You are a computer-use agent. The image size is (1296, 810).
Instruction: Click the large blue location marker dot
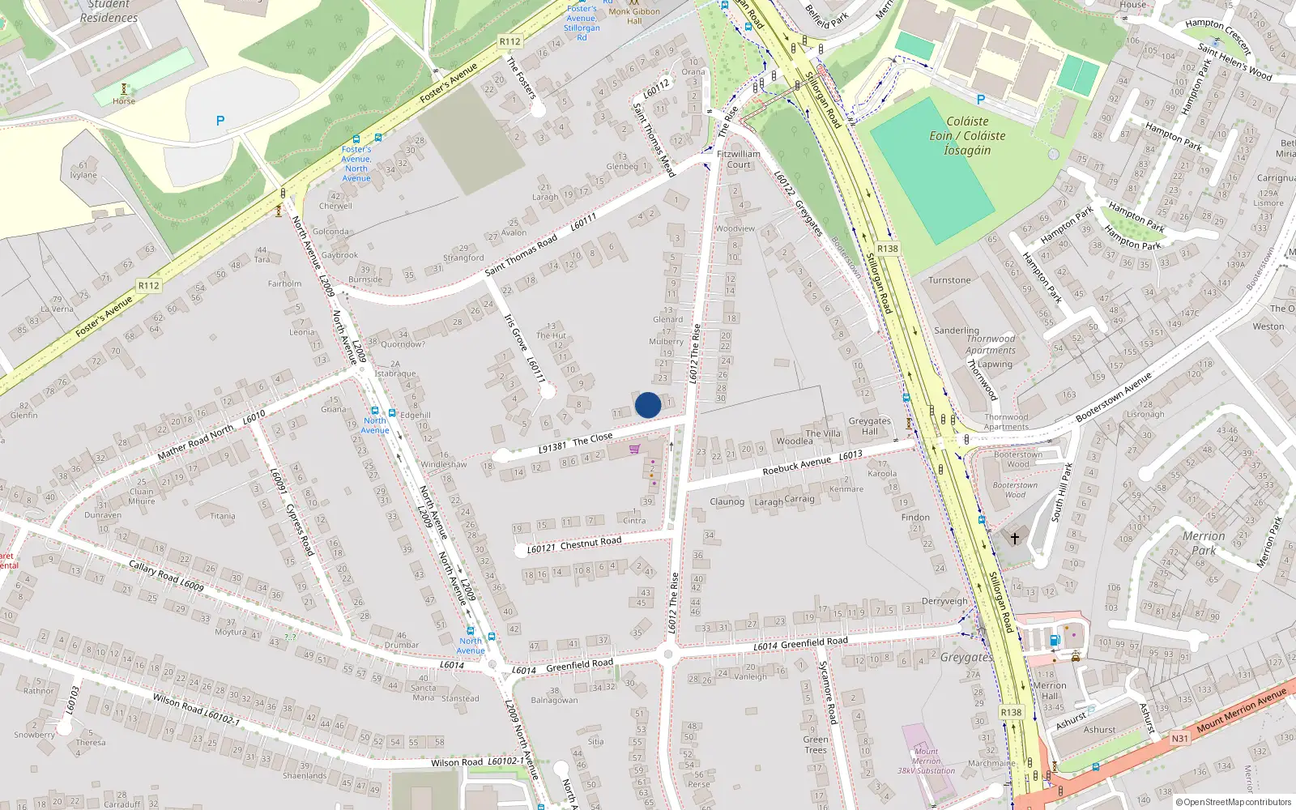[648, 405]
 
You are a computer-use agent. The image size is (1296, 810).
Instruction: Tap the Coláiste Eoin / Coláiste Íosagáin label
[967, 136]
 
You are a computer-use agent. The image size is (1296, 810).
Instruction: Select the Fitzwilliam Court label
[739, 159]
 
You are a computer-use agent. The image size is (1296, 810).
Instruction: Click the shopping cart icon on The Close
[634, 449]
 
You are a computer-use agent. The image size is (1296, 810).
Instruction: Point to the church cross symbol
[1014, 538]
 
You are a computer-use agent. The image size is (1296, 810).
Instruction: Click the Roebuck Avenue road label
[797, 466]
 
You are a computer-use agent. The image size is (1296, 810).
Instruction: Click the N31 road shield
[1180, 738]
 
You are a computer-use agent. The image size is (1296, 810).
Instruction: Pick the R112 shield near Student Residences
[509, 41]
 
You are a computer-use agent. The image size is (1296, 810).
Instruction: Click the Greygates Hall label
[869, 426]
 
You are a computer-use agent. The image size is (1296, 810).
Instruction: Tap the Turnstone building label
[949, 280]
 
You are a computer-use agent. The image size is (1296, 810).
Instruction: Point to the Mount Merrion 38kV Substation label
[926, 761]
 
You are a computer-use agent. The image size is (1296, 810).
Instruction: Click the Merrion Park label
[1204, 543]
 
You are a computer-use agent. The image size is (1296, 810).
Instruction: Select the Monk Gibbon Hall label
[634, 16]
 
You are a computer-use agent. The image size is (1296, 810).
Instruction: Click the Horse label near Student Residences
[124, 101]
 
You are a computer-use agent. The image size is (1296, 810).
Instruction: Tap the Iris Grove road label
[515, 334]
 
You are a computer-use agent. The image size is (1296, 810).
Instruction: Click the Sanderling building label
[957, 330]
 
